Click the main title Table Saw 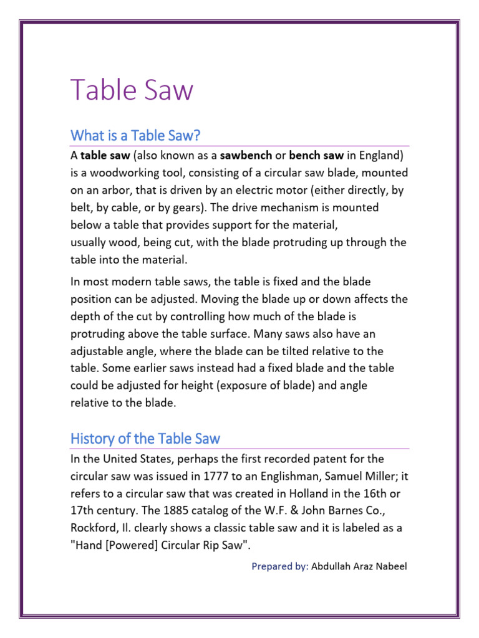pyautogui.click(x=132, y=90)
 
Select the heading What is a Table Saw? pyautogui.click(x=135, y=135)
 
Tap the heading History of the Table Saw pyautogui.click(x=145, y=439)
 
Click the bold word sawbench pyautogui.click(x=246, y=155)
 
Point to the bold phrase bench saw pyautogui.click(x=316, y=155)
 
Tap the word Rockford pyautogui.click(x=94, y=528)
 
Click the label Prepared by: pyautogui.click(x=280, y=566)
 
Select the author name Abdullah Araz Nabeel pyautogui.click(x=359, y=566)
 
